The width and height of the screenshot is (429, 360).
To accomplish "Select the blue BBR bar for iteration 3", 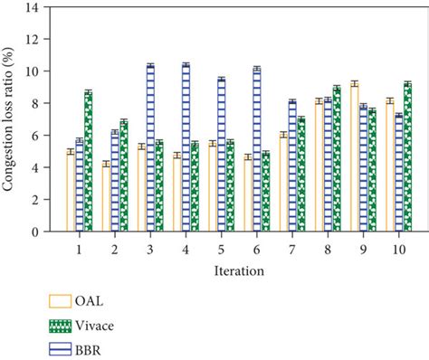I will [x=150, y=148].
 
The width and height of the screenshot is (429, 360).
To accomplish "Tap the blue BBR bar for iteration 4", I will [x=186, y=148].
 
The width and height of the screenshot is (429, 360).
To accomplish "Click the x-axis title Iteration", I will [x=239, y=270].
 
